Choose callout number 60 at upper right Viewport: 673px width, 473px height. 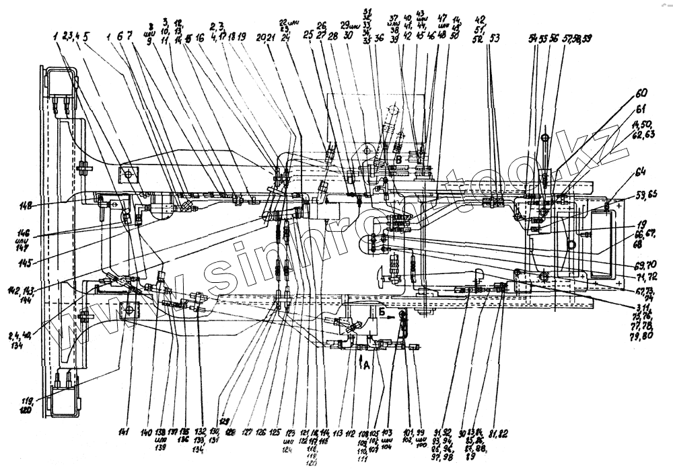(x=641, y=93)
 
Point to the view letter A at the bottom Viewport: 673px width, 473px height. (x=366, y=365)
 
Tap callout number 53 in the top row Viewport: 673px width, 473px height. (x=496, y=38)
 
